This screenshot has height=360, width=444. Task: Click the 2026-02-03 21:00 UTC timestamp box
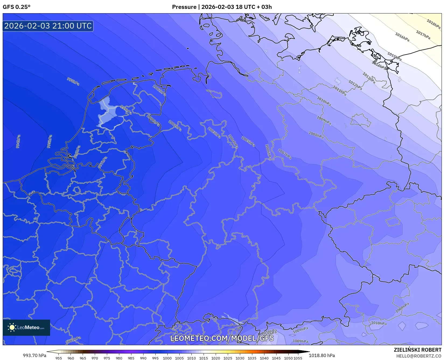pos(48,26)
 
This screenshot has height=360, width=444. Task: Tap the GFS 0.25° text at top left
pos(17,7)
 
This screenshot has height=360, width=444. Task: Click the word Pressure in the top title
pos(184,7)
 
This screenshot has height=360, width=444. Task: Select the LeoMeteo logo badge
pos(26,327)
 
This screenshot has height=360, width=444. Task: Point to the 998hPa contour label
pos(73,81)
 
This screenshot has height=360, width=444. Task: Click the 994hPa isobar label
pos(18,141)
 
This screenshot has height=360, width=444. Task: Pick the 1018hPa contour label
pos(433,24)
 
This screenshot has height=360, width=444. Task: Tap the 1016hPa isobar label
pos(402,37)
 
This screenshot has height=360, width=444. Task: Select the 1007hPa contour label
pos(285,154)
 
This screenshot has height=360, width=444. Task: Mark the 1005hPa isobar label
pos(248,141)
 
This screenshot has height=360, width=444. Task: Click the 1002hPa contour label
pos(159,90)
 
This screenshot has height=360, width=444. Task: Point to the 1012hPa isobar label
pos(355,85)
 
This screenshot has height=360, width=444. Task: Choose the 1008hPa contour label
pos(316,135)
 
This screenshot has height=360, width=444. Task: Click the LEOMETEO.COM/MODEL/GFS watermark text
pos(222,338)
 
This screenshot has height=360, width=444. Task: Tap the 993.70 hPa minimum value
pos(34,355)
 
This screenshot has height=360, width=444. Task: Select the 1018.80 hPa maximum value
pos(322,355)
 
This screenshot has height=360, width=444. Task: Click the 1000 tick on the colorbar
pos(167,358)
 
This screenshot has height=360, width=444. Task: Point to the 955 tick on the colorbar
pos(59,358)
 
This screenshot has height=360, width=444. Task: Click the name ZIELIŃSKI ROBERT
pos(418,350)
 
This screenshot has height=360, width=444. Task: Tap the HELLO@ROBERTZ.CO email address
pos(419,356)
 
